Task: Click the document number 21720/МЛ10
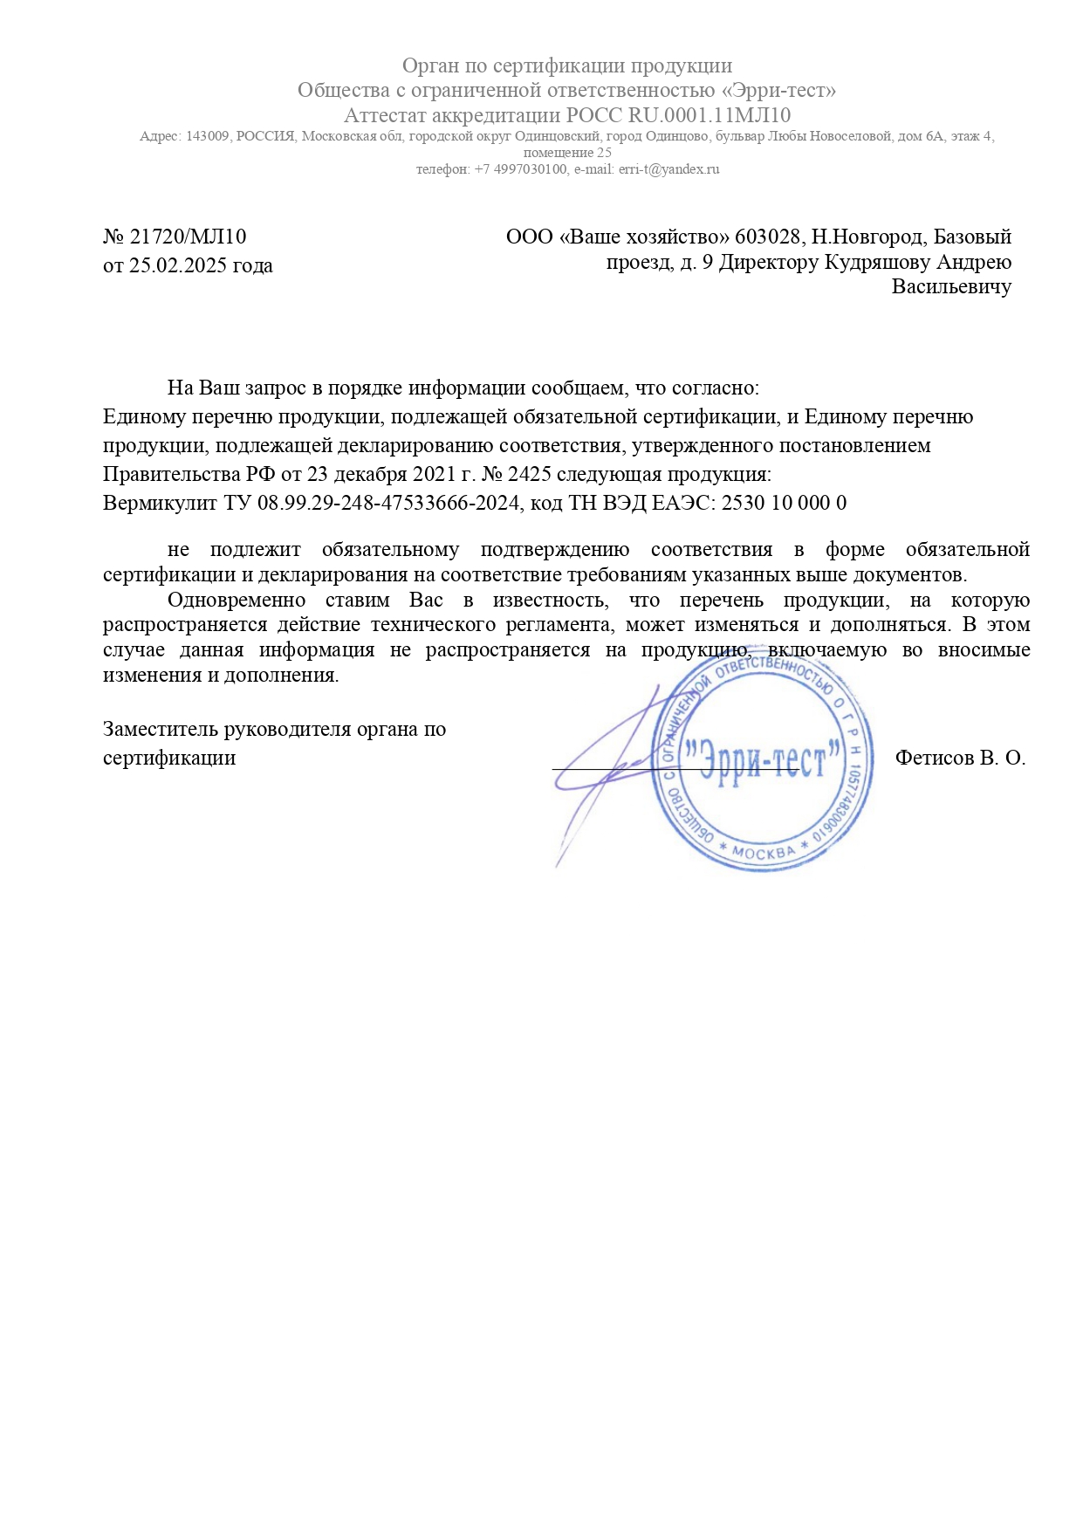(188, 237)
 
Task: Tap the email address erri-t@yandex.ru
(669, 169)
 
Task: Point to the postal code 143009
(207, 136)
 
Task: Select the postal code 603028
(768, 237)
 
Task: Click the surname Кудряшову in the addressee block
(881, 262)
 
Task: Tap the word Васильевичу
(951, 286)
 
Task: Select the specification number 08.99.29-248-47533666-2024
(388, 503)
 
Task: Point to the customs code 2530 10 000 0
(785, 503)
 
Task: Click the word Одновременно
(236, 600)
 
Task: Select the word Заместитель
(161, 729)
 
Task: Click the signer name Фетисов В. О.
(960, 758)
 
